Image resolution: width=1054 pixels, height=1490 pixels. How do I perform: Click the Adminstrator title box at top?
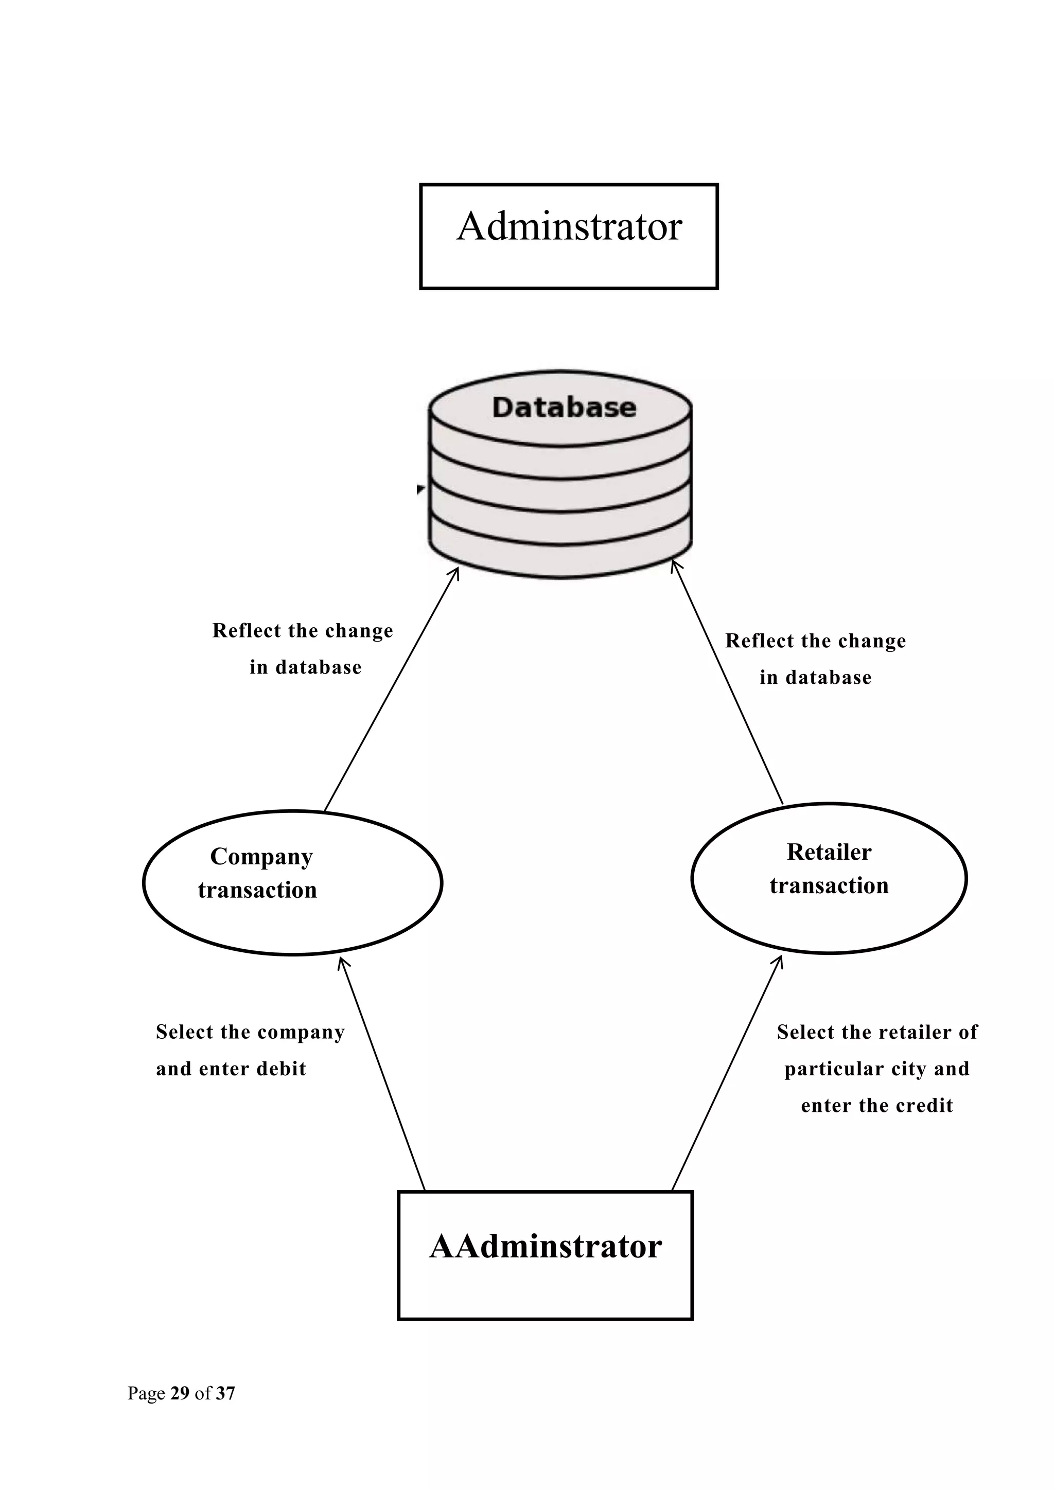coord(569,236)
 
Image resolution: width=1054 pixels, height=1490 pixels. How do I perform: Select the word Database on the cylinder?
coord(564,407)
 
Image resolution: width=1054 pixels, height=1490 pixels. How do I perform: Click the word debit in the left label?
coord(281,1069)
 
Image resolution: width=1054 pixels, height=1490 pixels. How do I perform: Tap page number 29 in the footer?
coord(180,1393)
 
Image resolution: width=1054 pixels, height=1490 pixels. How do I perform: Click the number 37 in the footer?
coord(225,1393)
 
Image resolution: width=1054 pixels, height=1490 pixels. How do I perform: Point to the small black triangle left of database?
coord(420,489)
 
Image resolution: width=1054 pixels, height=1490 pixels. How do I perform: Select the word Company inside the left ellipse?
coord(261,857)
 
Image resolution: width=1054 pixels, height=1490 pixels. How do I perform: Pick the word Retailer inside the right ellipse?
coord(829,852)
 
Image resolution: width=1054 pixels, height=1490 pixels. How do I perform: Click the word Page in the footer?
coord(146,1393)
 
